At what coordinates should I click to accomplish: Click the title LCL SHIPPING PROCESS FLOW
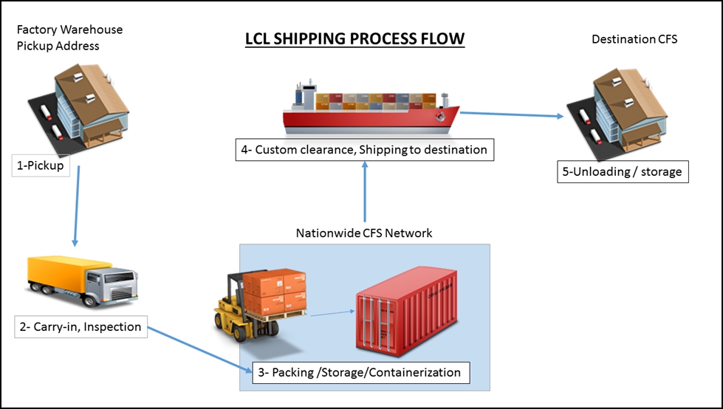(354, 38)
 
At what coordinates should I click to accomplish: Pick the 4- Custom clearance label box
(363, 150)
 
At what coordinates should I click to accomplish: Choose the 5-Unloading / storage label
(623, 173)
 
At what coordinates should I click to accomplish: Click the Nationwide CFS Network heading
(364, 233)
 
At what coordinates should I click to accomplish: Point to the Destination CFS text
(634, 39)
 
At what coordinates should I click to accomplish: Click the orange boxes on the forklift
(275, 290)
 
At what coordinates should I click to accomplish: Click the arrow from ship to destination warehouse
(510, 114)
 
